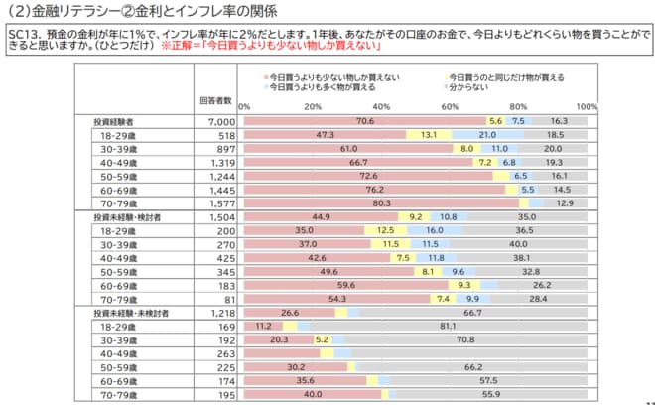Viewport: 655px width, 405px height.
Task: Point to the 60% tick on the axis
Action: [450, 106]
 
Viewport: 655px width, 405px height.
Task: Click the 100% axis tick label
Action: [586, 106]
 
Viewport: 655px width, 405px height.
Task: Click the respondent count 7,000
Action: [219, 120]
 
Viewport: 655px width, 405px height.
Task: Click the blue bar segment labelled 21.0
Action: [487, 133]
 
